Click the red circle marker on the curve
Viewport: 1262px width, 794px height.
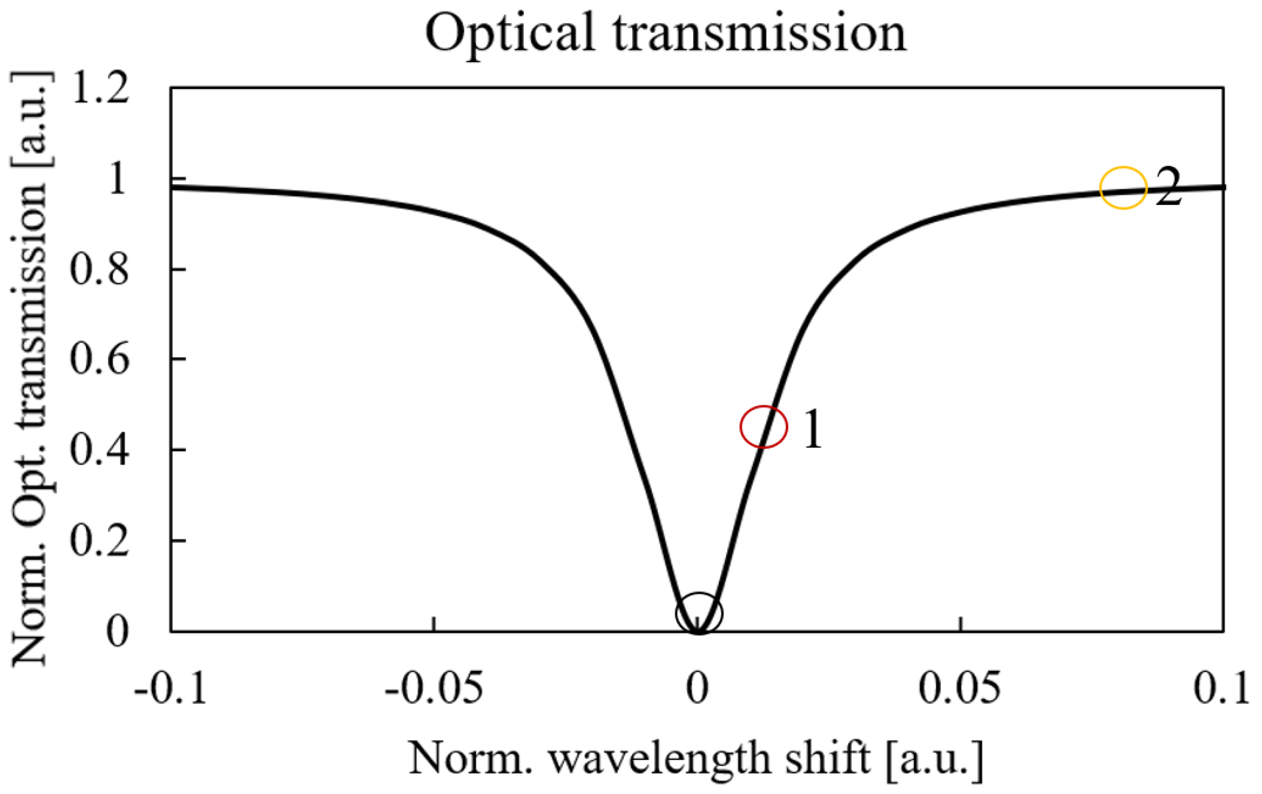(x=764, y=427)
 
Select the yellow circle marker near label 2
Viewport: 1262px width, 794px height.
(x=1123, y=188)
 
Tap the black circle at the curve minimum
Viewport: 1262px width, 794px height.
(x=699, y=613)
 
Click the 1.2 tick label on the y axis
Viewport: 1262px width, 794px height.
(x=100, y=88)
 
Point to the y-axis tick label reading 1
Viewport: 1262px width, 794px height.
(x=117, y=178)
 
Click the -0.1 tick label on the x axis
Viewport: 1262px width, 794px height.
(x=171, y=688)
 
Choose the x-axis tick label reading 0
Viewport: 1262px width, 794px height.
(x=698, y=688)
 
